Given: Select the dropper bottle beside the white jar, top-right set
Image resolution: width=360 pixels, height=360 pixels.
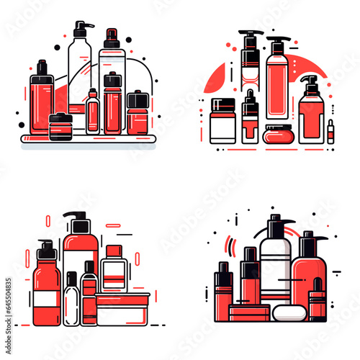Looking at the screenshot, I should [249, 121].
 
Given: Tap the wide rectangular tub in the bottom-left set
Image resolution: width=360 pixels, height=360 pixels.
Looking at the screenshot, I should [122, 310].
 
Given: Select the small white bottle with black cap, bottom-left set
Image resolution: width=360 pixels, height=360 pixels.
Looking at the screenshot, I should [71, 302].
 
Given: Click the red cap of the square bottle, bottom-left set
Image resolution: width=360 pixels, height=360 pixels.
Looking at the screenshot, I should [114, 251].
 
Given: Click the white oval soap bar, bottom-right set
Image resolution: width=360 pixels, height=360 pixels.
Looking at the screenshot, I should [285, 313].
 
